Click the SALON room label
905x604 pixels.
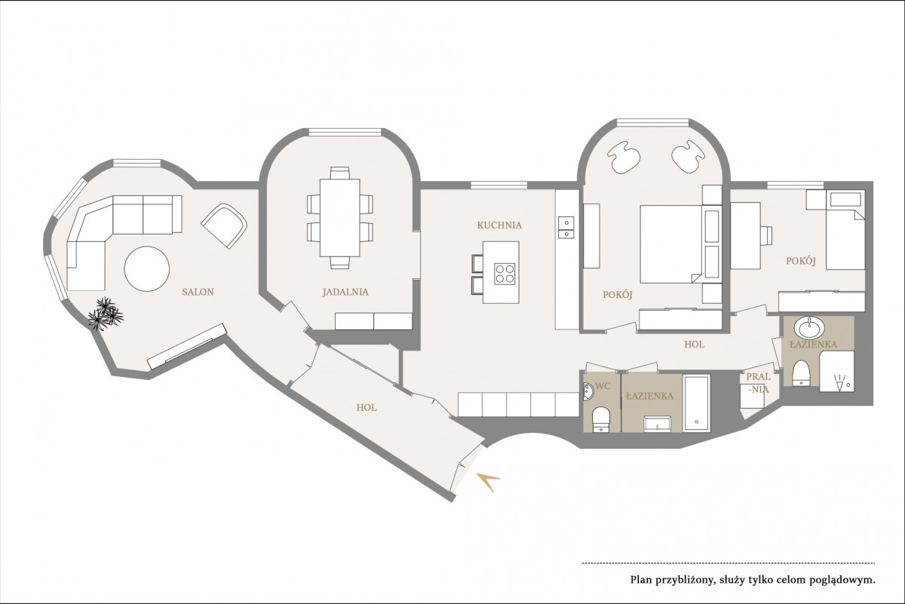(x=198, y=292)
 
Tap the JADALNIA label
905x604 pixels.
(x=345, y=292)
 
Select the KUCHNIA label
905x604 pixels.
(x=499, y=225)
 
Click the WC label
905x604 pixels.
(x=603, y=386)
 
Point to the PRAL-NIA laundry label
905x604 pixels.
(x=758, y=383)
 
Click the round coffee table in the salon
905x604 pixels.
(x=146, y=268)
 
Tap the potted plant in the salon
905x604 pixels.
(x=106, y=314)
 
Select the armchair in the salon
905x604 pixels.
(x=224, y=226)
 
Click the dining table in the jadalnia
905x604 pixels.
(x=340, y=218)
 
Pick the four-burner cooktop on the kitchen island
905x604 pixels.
(x=505, y=274)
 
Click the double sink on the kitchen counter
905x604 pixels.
(x=566, y=228)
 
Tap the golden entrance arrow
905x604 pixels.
(x=489, y=482)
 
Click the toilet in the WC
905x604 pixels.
(x=600, y=420)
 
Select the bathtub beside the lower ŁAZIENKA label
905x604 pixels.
(x=697, y=403)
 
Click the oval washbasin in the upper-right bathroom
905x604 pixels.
(x=808, y=327)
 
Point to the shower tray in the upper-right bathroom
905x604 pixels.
(x=836, y=371)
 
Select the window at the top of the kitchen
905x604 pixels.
(x=499, y=185)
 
